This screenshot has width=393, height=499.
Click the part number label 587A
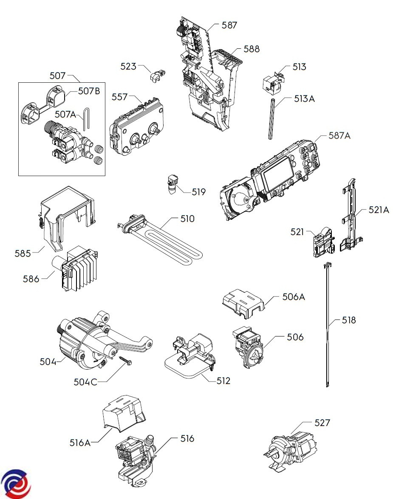339,136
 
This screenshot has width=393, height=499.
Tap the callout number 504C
85,382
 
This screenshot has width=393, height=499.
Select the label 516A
80,442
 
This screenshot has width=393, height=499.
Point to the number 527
322,423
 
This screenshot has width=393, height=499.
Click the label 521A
379,210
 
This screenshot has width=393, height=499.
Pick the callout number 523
128,66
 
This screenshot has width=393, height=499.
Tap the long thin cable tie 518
328,324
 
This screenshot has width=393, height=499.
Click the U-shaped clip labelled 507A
86,119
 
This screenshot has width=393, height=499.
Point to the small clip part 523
157,76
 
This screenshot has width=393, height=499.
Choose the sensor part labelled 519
173,184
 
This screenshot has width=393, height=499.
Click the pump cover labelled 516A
123,414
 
